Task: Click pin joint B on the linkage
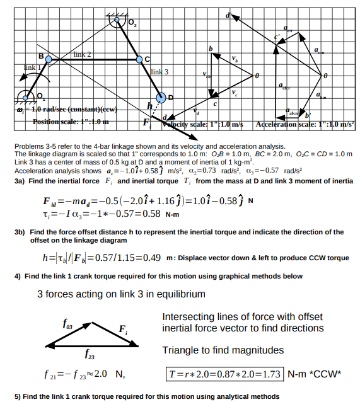pos(49,59)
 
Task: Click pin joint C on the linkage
pos(140,60)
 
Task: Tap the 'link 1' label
pos(33,67)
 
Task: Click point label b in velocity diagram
pos(211,49)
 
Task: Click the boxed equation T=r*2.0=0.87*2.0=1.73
pos(225,373)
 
